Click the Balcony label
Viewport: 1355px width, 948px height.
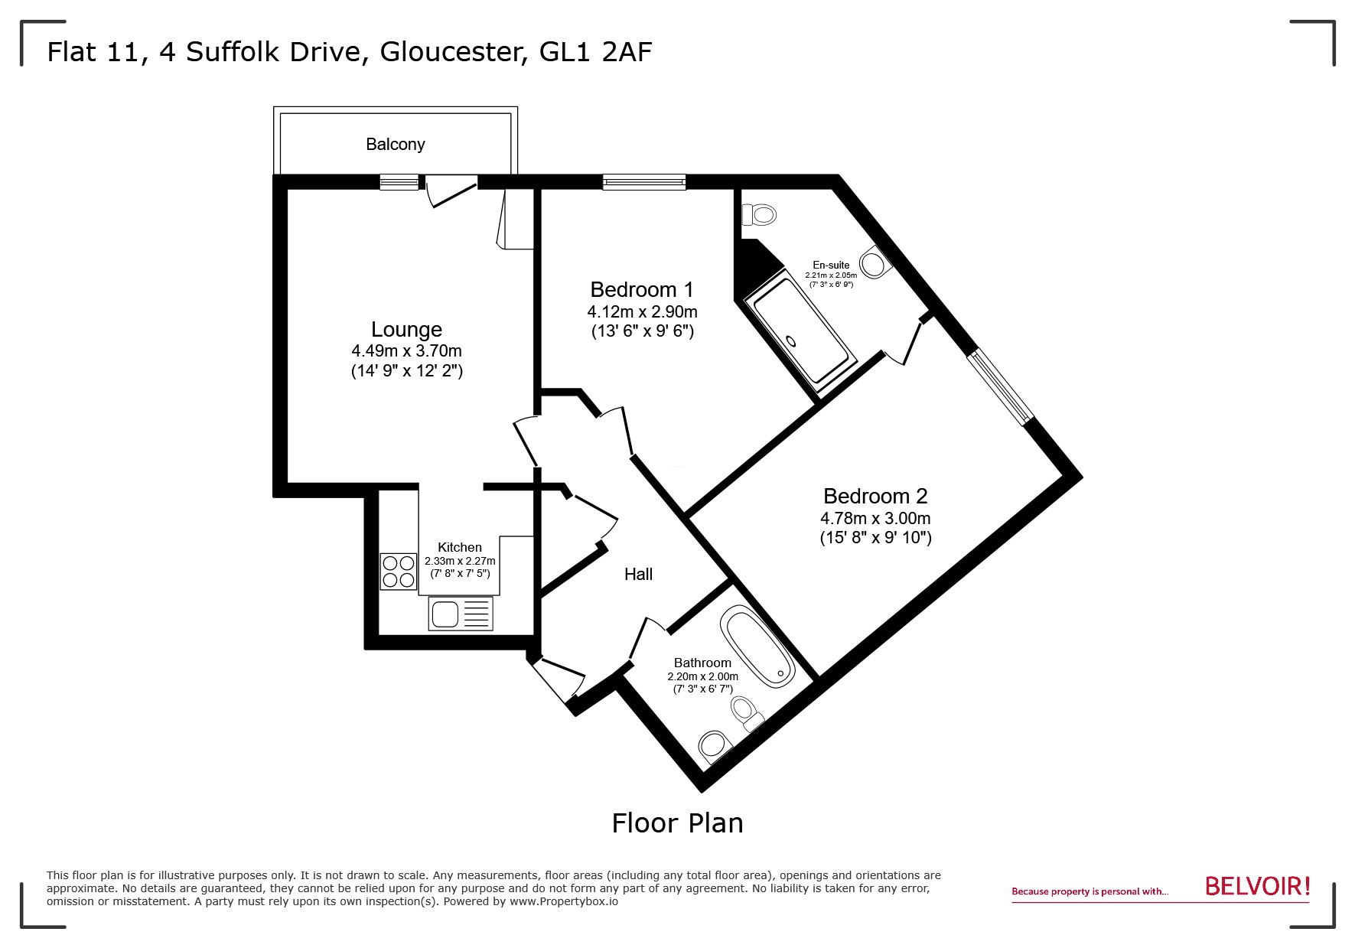(395, 145)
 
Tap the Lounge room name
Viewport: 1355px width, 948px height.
(406, 330)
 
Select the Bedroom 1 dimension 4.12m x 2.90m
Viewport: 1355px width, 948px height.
(642, 312)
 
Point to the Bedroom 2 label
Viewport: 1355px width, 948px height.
(875, 497)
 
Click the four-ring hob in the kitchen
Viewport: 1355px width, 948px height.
(399, 572)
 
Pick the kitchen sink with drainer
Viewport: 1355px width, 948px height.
(461, 614)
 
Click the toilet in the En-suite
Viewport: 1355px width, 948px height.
(760, 214)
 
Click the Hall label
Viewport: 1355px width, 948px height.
(638, 575)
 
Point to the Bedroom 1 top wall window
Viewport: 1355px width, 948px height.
(643, 182)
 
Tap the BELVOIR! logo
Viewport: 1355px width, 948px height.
(1257, 887)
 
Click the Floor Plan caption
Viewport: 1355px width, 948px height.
(677, 823)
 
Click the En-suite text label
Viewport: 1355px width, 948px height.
(831, 265)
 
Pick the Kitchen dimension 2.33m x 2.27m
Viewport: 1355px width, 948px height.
(460, 561)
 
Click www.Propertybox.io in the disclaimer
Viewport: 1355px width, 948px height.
(564, 901)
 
